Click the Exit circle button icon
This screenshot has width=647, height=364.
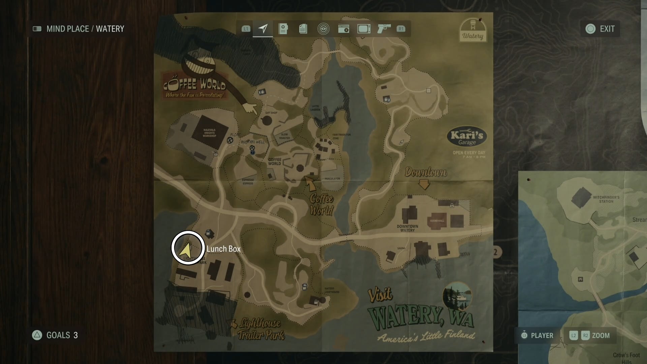tap(590, 29)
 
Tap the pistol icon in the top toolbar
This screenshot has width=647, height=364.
tap(384, 28)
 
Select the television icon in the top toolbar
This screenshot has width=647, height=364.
tap(364, 29)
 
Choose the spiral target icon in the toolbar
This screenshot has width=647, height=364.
tap(323, 29)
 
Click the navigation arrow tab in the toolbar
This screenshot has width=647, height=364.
tap(263, 29)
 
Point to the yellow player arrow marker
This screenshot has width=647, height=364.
tap(186, 250)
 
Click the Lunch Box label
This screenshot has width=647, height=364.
tap(223, 249)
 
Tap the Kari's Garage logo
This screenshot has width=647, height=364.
tap(467, 138)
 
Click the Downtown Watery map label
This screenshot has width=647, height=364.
tap(407, 228)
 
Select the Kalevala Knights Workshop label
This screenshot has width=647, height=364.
tap(209, 133)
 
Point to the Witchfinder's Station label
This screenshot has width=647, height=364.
tap(606, 199)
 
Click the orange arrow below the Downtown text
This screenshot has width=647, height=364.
tap(424, 185)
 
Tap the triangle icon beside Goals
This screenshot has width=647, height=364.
tap(37, 335)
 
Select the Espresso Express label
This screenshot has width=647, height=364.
tap(248, 182)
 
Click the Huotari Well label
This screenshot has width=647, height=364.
tap(253, 142)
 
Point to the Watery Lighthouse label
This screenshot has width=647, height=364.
tap(332, 290)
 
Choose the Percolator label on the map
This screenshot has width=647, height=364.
tap(332, 179)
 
